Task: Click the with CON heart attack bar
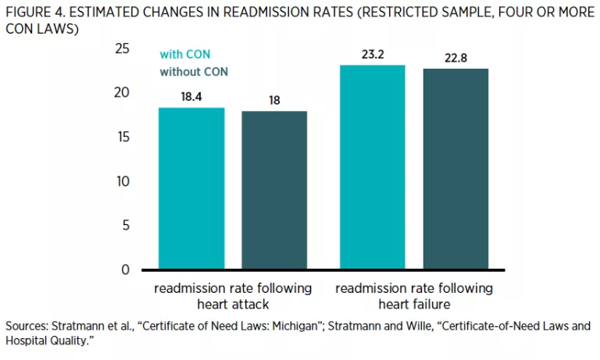191,189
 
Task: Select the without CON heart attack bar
274,191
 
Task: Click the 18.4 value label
191,97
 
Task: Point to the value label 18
274,101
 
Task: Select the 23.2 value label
373,55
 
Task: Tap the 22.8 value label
455,58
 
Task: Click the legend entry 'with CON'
185,55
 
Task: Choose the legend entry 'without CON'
194,72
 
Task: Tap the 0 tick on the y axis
125,270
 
